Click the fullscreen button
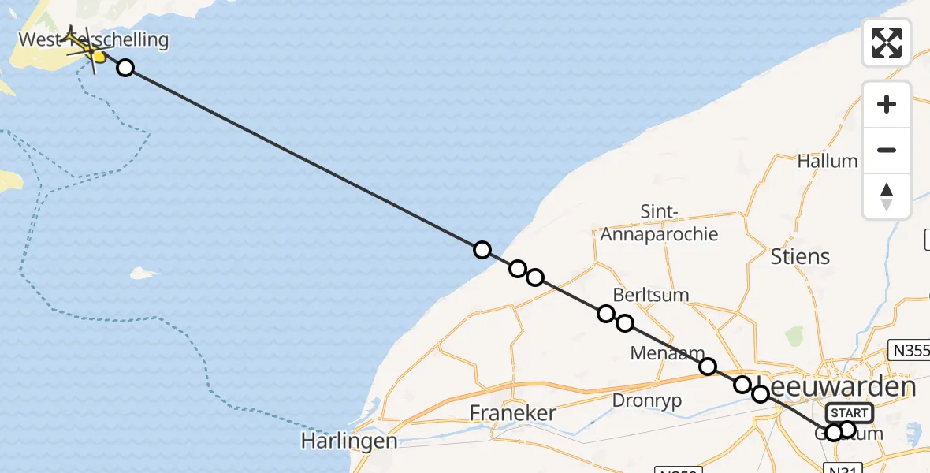(887, 43)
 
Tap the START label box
(850, 413)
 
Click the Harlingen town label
(349, 441)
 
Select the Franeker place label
(512, 413)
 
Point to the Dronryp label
(646, 400)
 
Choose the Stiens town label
(799, 256)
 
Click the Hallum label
(827, 161)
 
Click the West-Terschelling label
(93, 39)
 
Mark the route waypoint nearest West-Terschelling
(125, 68)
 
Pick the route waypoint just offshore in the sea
(482, 250)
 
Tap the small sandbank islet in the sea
(143, 273)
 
